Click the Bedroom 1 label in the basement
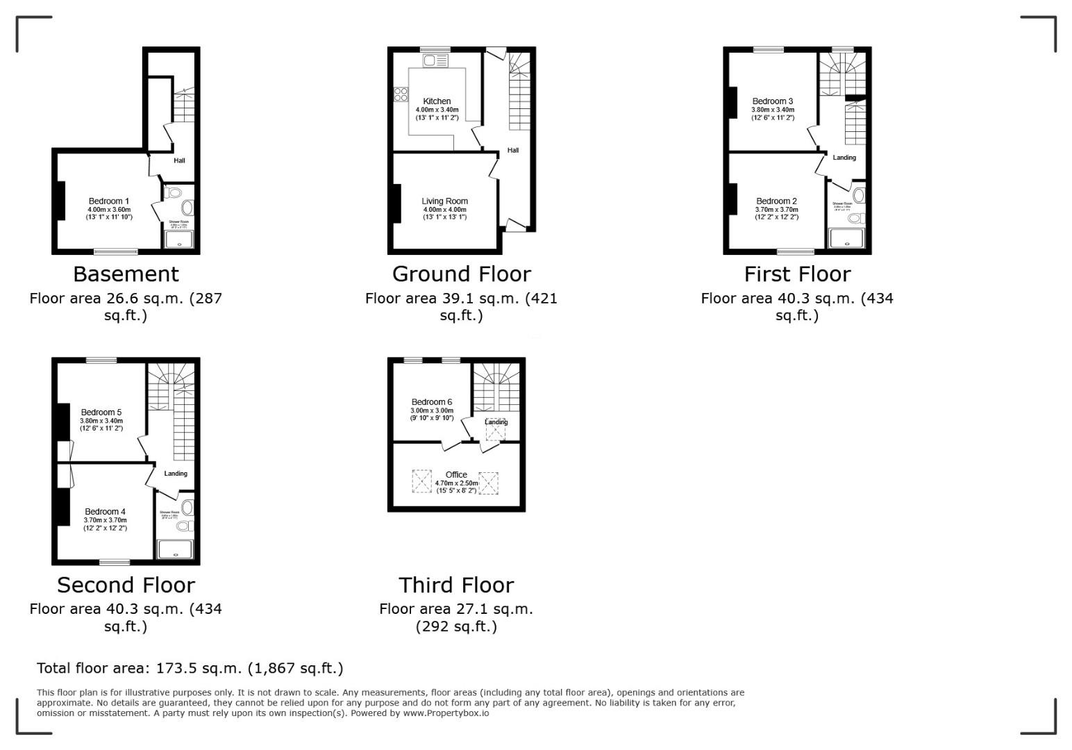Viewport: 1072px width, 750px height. click(x=109, y=201)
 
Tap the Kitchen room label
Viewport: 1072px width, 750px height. click(x=437, y=101)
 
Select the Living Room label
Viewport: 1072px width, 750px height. click(x=444, y=201)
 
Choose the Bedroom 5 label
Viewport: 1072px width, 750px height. click(x=101, y=412)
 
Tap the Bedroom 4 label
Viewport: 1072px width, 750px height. click(x=106, y=512)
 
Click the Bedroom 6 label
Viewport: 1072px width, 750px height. click(x=432, y=402)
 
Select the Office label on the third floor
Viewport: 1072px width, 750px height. click(x=456, y=475)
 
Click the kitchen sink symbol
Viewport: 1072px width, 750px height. click(x=435, y=60)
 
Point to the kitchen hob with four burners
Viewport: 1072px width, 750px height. click(x=401, y=94)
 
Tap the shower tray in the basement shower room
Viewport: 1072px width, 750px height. click(x=178, y=240)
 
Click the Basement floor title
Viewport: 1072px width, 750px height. click(x=126, y=274)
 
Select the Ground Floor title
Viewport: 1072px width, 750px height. click(x=461, y=274)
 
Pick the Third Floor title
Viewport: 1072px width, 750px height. click(x=456, y=585)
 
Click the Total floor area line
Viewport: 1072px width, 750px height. click(x=190, y=669)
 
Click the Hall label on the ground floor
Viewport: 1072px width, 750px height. click(x=513, y=151)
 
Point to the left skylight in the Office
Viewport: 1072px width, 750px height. click(x=421, y=482)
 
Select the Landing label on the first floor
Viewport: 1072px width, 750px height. click(x=844, y=158)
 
